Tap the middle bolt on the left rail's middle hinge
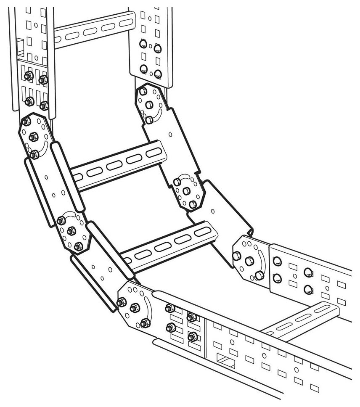[x=71, y=231]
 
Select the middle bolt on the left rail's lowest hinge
[x=135, y=308]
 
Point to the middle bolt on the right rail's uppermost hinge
[x=149, y=105]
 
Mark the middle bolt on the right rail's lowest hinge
[x=249, y=261]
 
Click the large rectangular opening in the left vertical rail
[x=19, y=46]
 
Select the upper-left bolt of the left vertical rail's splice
[x=29, y=76]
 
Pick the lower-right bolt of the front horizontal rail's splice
[x=193, y=336]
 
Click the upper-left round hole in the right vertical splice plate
[x=143, y=44]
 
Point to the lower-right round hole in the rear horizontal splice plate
[x=308, y=289]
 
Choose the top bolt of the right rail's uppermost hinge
[x=143, y=91]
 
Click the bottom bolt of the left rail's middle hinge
[x=79, y=246]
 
